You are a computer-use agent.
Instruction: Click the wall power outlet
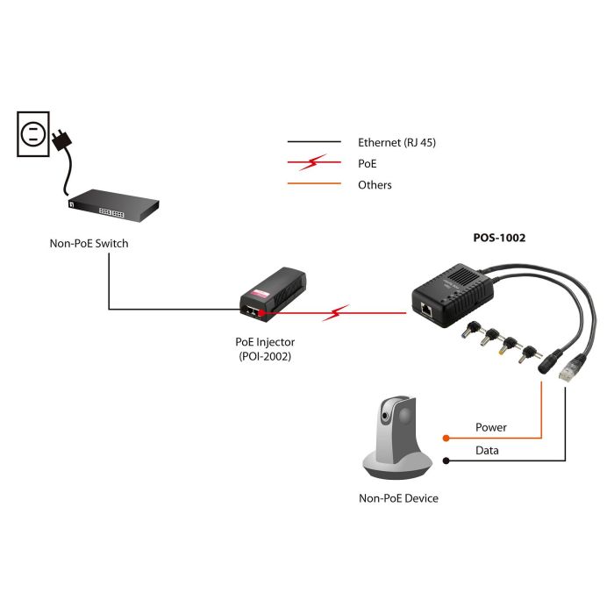click(32, 133)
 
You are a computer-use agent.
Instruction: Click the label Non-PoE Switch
click(89, 243)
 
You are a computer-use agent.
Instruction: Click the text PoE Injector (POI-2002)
click(264, 349)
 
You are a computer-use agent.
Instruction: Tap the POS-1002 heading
click(497, 237)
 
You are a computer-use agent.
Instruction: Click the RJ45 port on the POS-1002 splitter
click(426, 309)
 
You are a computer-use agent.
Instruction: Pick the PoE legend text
click(367, 163)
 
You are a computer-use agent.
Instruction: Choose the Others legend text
click(375, 185)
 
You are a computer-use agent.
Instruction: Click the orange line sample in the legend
click(314, 184)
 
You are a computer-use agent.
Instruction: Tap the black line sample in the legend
click(314, 142)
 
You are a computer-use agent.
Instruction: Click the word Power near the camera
click(491, 427)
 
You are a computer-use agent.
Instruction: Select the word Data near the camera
click(488, 450)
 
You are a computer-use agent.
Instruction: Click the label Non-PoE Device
click(398, 498)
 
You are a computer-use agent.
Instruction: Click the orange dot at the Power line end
click(446, 437)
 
